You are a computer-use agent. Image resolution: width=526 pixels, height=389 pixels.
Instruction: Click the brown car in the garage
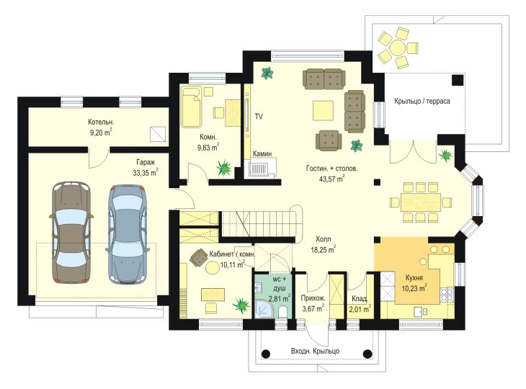click(x=71, y=233)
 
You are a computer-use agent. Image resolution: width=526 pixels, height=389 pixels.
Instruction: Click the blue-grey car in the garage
click(x=127, y=233)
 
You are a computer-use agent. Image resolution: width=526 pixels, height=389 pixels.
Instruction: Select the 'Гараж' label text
click(x=146, y=162)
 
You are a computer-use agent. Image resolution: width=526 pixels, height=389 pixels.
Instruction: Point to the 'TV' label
click(x=259, y=117)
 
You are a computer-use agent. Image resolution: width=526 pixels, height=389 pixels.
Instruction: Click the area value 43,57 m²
click(x=331, y=179)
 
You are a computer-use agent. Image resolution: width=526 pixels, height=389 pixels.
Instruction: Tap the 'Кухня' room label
click(x=414, y=277)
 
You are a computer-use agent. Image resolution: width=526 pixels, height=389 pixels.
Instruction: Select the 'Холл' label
click(x=323, y=239)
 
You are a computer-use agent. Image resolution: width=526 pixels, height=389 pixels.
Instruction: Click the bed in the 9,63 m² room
click(x=192, y=107)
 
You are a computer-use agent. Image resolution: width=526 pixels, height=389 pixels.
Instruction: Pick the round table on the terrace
click(x=397, y=48)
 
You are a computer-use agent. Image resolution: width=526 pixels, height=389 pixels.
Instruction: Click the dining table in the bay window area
click(x=421, y=202)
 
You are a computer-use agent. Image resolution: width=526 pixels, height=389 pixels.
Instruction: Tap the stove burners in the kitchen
click(x=447, y=295)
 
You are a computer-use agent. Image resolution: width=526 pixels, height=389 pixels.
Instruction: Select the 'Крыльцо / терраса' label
click(x=422, y=101)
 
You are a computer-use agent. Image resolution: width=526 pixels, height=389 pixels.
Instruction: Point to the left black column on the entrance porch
click(x=266, y=354)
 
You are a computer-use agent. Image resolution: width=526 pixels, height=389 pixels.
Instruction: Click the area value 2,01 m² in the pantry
click(x=360, y=309)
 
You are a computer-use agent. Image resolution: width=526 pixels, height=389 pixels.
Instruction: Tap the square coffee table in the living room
click(x=323, y=110)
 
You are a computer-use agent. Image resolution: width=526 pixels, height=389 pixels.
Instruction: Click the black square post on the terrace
click(x=458, y=81)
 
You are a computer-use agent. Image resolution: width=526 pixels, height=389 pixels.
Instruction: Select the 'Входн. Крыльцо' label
click(x=315, y=351)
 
